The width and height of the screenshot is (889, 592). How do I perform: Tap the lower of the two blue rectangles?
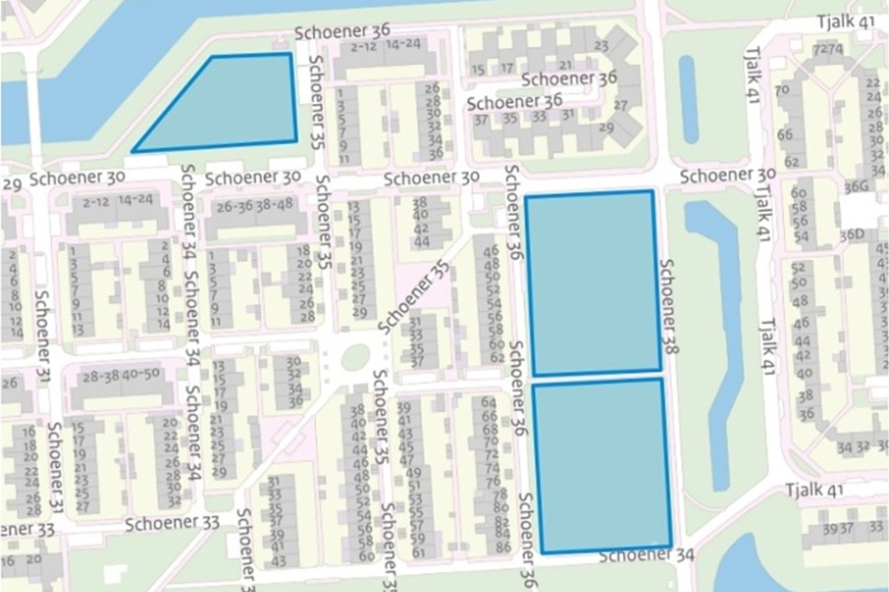point(601,465)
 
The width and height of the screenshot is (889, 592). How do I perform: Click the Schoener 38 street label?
point(668,307)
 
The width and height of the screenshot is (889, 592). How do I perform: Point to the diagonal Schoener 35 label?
point(416,298)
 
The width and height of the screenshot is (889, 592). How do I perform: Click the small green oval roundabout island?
point(356,356)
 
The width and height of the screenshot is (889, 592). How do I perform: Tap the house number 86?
point(504,547)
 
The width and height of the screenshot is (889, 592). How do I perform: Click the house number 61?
point(418,552)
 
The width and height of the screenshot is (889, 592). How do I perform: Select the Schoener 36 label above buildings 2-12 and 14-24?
point(343,31)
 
